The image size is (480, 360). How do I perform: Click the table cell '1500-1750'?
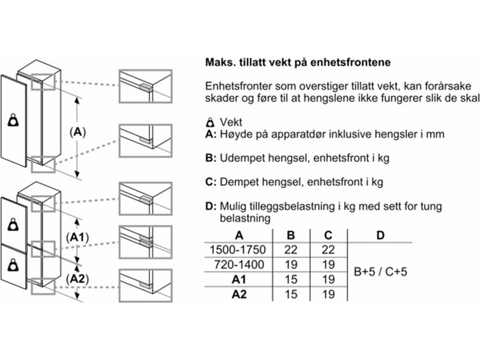coord(238,250)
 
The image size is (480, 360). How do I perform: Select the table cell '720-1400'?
coord(239,264)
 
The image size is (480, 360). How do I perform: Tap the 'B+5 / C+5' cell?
coord(380,272)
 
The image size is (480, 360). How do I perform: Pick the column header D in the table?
coord(380,235)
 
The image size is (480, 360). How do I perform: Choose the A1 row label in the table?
coord(239,279)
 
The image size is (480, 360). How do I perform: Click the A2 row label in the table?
coord(239,294)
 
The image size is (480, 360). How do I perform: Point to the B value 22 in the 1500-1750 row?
coord(291,250)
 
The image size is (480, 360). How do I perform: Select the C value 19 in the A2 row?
coord(328,294)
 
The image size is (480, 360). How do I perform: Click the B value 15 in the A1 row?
coord(291,279)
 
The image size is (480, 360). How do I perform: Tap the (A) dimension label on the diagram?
coord(78,132)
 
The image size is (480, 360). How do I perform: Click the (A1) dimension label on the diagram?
coord(78,237)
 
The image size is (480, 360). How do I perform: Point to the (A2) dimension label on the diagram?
coord(78,279)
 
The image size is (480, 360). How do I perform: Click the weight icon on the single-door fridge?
coord(13,120)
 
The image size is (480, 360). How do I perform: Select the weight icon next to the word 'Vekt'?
coord(210,122)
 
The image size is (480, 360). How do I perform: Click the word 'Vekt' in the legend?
coord(231,122)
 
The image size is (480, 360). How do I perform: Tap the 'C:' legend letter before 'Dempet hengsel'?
coord(211,182)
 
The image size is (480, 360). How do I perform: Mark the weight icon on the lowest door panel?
coord(13,265)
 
